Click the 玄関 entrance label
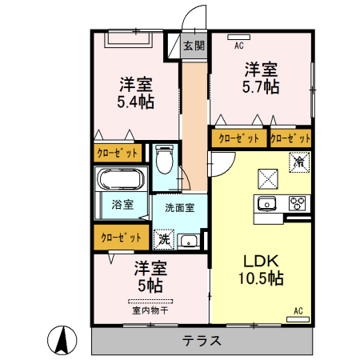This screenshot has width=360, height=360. pyautogui.click(x=193, y=46)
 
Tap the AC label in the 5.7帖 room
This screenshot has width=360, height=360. pyautogui.click(x=238, y=46)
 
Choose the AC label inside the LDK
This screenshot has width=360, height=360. pyautogui.click(x=298, y=310)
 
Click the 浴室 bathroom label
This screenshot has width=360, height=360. pyautogui.click(x=122, y=204)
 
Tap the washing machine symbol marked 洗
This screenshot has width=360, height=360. pyautogui.click(x=163, y=238)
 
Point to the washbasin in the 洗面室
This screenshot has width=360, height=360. pyautogui.click(x=189, y=241)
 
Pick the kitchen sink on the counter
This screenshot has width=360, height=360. pyautogui.click(x=266, y=202)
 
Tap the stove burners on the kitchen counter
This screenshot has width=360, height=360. pyautogui.click(x=297, y=202)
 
